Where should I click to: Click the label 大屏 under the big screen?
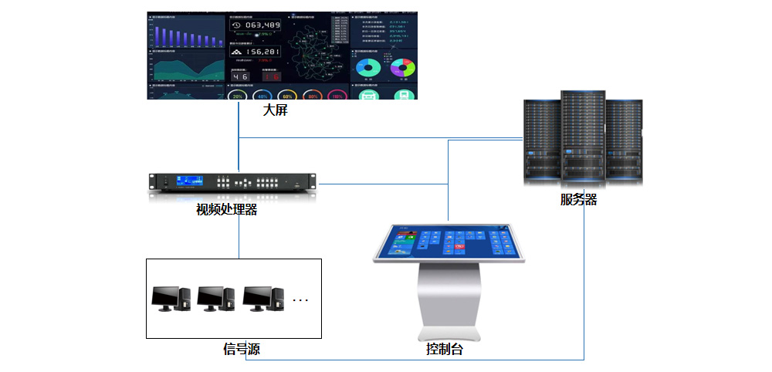[276, 110]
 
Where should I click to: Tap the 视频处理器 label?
[226, 208]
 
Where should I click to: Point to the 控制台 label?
[445, 349]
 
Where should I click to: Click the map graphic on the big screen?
[318, 50]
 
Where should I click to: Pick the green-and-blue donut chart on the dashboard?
[367, 69]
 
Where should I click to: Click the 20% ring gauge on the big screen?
[238, 96]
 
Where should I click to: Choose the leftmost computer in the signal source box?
[171, 298]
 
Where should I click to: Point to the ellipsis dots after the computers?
[300, 299]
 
